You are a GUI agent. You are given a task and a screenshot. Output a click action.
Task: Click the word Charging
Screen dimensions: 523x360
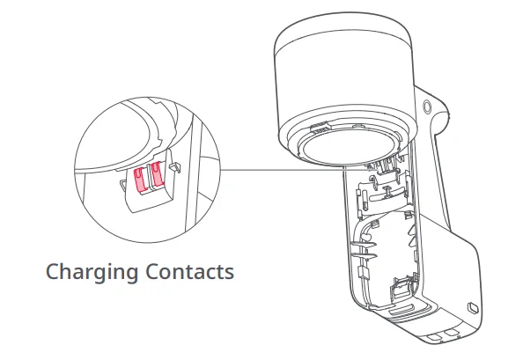92,273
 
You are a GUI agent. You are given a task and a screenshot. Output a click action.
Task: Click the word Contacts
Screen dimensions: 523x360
189,271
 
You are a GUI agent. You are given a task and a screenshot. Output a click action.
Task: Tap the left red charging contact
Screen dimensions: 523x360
140,180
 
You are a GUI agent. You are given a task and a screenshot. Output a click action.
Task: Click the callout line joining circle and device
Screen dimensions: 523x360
297,170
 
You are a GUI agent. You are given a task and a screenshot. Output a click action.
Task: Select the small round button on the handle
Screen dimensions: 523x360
427,107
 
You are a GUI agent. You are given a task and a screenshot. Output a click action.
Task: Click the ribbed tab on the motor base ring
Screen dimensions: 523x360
320,127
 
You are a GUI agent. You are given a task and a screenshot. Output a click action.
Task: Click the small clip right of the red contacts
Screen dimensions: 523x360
176,167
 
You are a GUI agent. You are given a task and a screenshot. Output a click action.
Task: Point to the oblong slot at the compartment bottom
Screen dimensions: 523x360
402,308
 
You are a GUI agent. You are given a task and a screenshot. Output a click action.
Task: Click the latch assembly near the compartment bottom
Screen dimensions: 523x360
403,287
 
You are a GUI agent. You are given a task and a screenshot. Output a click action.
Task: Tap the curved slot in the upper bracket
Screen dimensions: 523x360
386,196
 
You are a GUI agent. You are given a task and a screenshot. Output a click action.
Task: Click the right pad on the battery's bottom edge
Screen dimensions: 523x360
452,333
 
